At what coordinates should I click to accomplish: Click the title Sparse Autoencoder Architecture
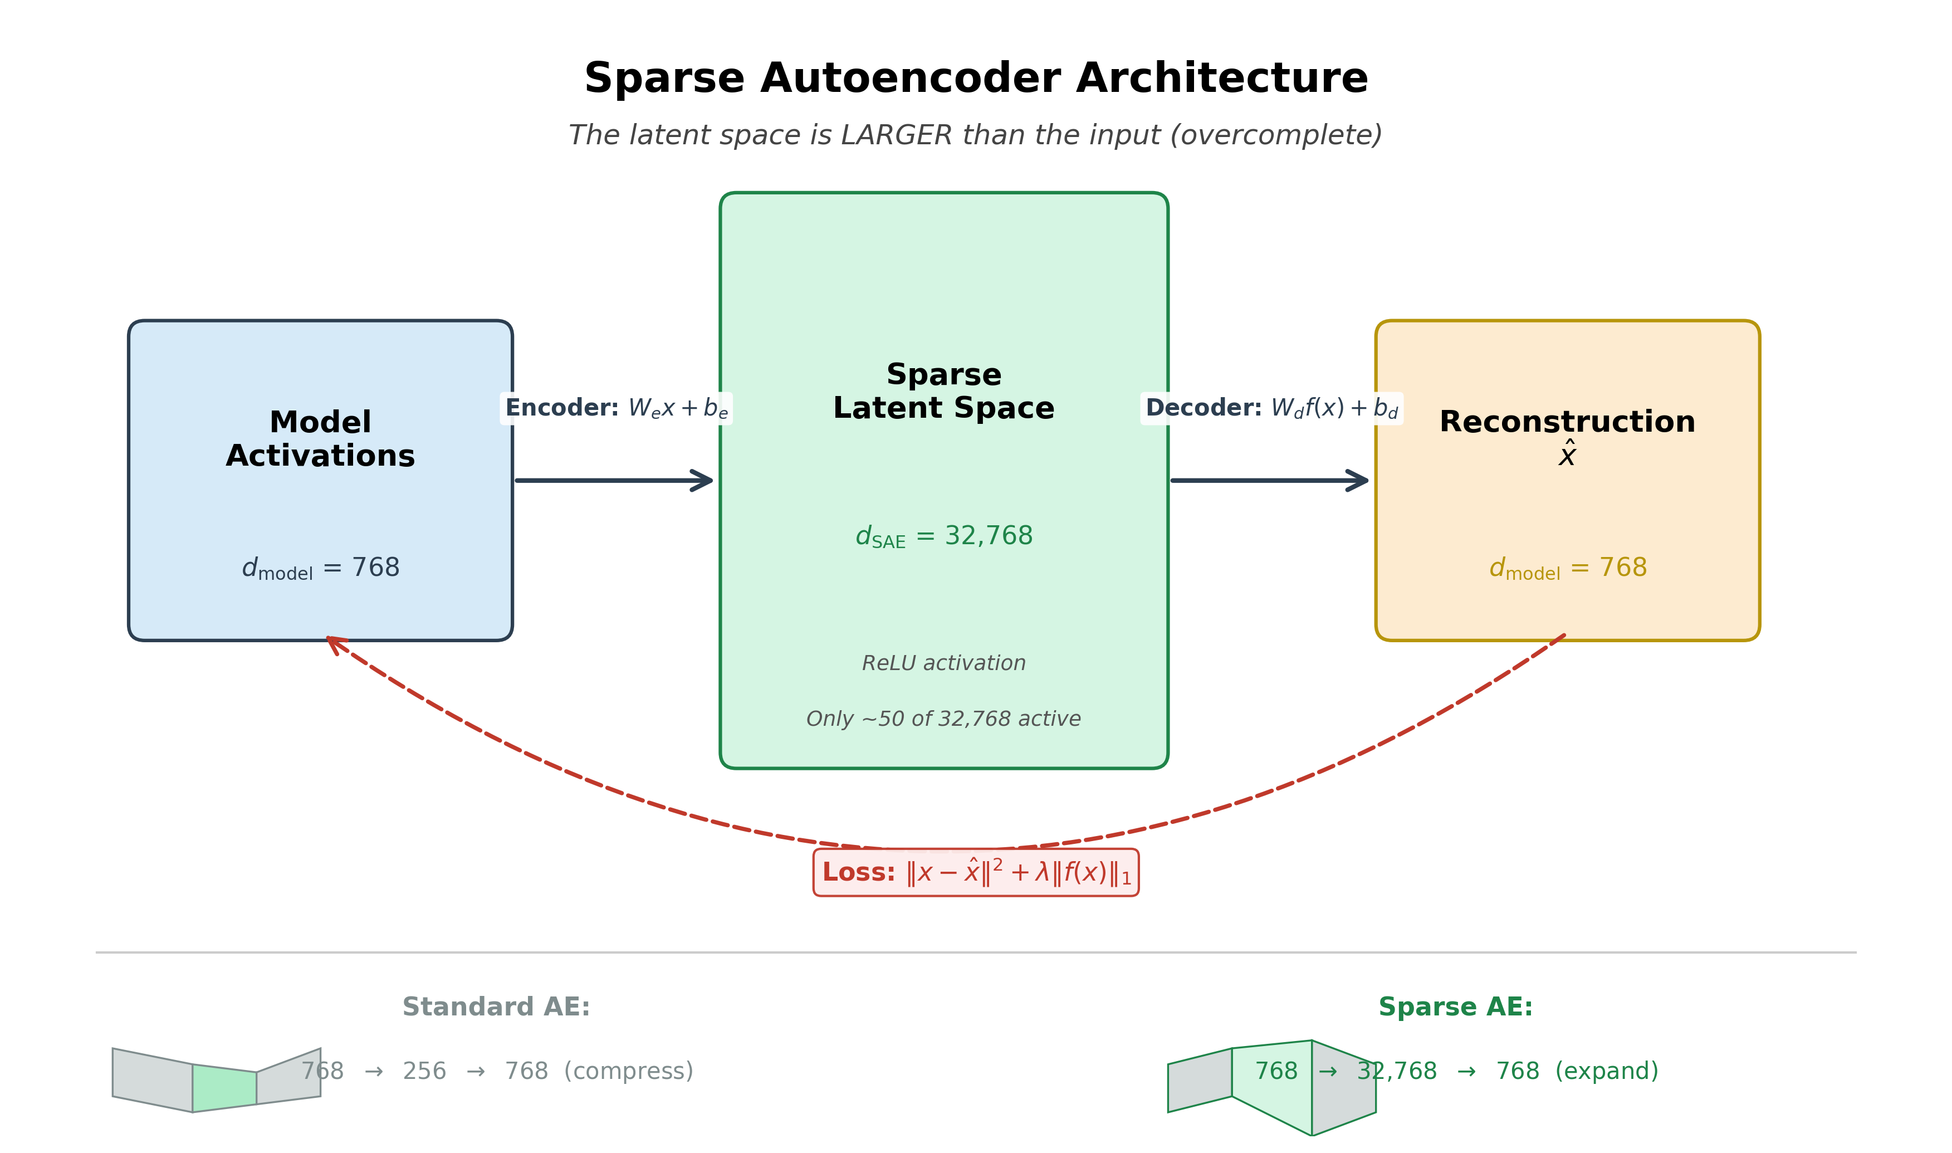pos(976,79)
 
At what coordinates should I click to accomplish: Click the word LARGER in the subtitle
pos(897,135)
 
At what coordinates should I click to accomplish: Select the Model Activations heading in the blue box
pos(320,439)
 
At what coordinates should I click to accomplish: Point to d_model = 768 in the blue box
pos(320,568)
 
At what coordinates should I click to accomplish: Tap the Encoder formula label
pos(616,408)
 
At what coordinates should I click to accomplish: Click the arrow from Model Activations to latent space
pos(614,480)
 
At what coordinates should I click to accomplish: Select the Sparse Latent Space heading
pos(944,391)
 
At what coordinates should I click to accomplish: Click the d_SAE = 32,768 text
pos(944,536)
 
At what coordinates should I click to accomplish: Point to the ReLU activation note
pos(944,663)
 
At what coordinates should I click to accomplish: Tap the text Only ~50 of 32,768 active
pos(944,719)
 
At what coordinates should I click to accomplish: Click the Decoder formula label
pos(1271,408)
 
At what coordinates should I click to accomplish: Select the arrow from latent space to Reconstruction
pos(1269,480)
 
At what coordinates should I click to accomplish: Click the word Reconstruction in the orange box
pos(1567,422)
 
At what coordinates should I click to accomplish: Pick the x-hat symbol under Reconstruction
pos(1567,454)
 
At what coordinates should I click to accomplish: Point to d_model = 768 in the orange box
pos(1567,568)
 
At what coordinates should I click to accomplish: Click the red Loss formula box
pos(976,872)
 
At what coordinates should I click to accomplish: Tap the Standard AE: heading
pos(496,1007)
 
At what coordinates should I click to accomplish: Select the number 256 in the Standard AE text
pos(424,1072)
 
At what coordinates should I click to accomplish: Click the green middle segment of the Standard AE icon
pos(224,1088)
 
